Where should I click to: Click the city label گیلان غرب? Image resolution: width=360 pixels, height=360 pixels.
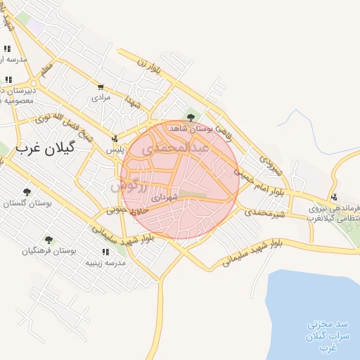(x=50, y=149)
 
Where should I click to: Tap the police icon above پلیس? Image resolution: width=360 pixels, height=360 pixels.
(x=115, y=139)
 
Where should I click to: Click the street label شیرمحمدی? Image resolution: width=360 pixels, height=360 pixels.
(x=262, y=212)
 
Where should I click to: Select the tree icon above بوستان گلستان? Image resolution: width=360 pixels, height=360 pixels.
(x=27, y=191)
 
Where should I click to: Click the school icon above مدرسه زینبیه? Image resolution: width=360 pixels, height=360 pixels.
(x=105, y=252)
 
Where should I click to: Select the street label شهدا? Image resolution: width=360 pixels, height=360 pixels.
(x=134, y=102)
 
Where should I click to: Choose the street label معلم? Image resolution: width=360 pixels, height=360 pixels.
(x=46, y=71)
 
